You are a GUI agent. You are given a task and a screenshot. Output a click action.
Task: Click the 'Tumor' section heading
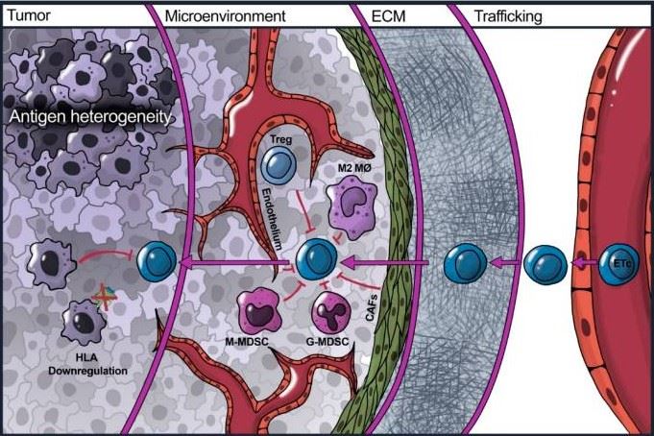(x=25, y=16)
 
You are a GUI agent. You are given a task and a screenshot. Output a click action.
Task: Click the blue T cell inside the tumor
(x=159, y=259)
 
